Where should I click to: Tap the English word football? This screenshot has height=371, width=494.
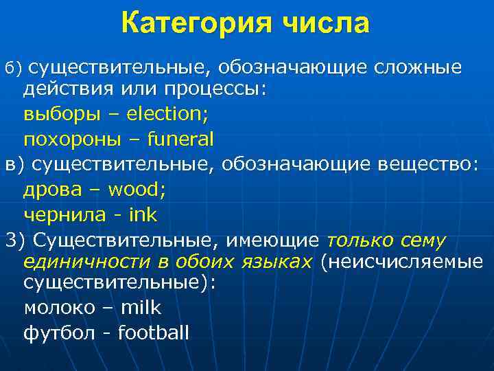click(153, 333)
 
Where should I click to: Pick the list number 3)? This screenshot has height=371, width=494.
click(15, 240)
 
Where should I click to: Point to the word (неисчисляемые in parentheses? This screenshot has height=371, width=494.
click(401, 262)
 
